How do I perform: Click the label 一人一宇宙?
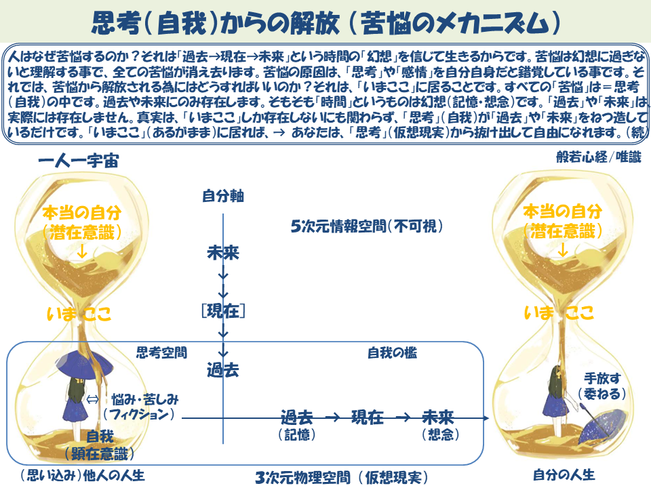83,162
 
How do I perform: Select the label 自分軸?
222,197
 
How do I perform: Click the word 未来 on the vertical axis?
223,253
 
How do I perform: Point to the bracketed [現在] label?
223,311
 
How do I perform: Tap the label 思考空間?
161,352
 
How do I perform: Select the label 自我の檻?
392,352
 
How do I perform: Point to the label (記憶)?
297,435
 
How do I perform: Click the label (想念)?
437,435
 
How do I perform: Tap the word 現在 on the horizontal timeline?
367,418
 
